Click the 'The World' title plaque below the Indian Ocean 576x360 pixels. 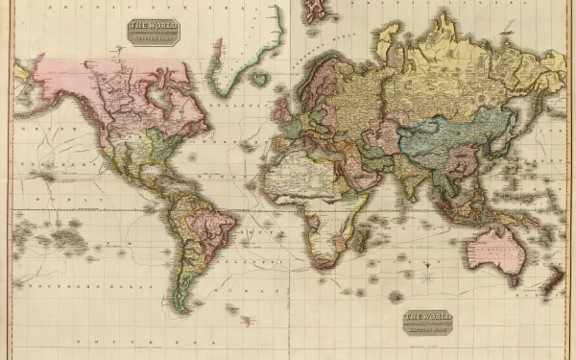pyautogui.click(x=428, y=322)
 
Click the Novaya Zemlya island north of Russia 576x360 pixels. pyautogui.click(x=389, y=43)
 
